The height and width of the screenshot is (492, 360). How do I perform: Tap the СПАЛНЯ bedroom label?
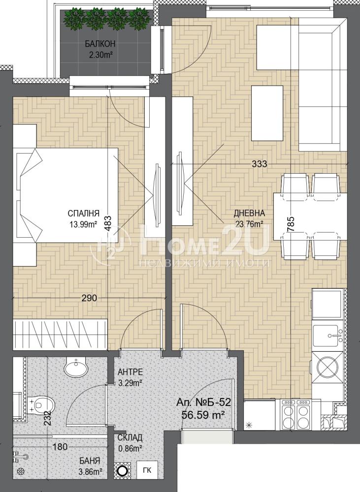[83, 214]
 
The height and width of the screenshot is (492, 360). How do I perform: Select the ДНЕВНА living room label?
[249, 214]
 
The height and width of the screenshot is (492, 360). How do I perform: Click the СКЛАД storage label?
[130, 437]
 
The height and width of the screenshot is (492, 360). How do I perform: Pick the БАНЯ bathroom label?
[90, 461]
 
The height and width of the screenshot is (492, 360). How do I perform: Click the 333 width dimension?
[259, 164]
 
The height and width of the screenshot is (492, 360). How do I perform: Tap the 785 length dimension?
[291, 224]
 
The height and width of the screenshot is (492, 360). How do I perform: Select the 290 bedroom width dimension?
[89, 298]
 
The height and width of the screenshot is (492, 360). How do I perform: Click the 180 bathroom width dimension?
[60, 447]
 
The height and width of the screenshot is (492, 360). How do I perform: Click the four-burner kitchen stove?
[296, 414]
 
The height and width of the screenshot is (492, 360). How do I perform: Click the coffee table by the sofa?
[267, 114]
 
